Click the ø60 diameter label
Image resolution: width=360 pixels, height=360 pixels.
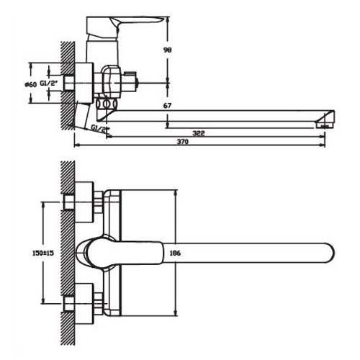point(30,84)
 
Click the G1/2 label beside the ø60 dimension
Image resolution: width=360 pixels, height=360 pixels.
point(48,84)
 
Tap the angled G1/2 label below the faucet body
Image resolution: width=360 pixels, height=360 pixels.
point(102,127)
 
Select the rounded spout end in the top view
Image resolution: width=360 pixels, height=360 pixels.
point(328,253)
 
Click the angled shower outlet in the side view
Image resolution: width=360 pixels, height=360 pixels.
point(86,116)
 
